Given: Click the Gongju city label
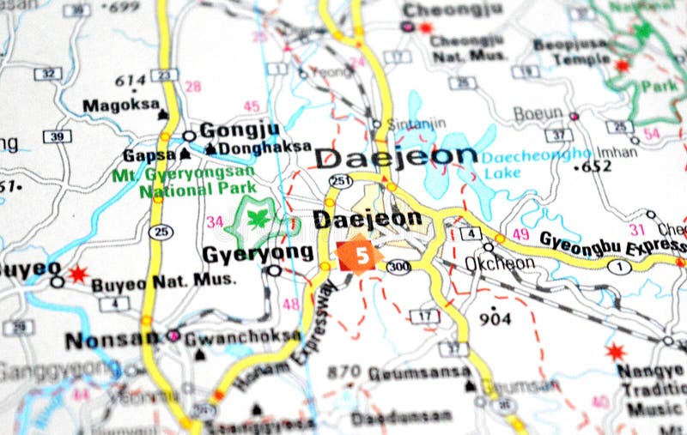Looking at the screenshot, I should [x=240, y=131].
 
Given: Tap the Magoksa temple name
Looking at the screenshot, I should [x=120, y=106].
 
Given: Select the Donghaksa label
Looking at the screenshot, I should [x=264, y=148].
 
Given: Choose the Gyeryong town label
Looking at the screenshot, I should [x=257, y=253].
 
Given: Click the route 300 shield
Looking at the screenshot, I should [x=398, y=267].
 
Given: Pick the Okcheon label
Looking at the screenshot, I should [x=499, y=263].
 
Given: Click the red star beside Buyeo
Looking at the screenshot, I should [x=78, y=274].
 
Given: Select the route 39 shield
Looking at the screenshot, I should [x=57, y=137].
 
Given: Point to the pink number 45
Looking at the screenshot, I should [x=251, y=106].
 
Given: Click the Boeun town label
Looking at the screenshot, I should [x=538, y=113].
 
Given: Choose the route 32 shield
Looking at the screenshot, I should [x=48, y=74].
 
